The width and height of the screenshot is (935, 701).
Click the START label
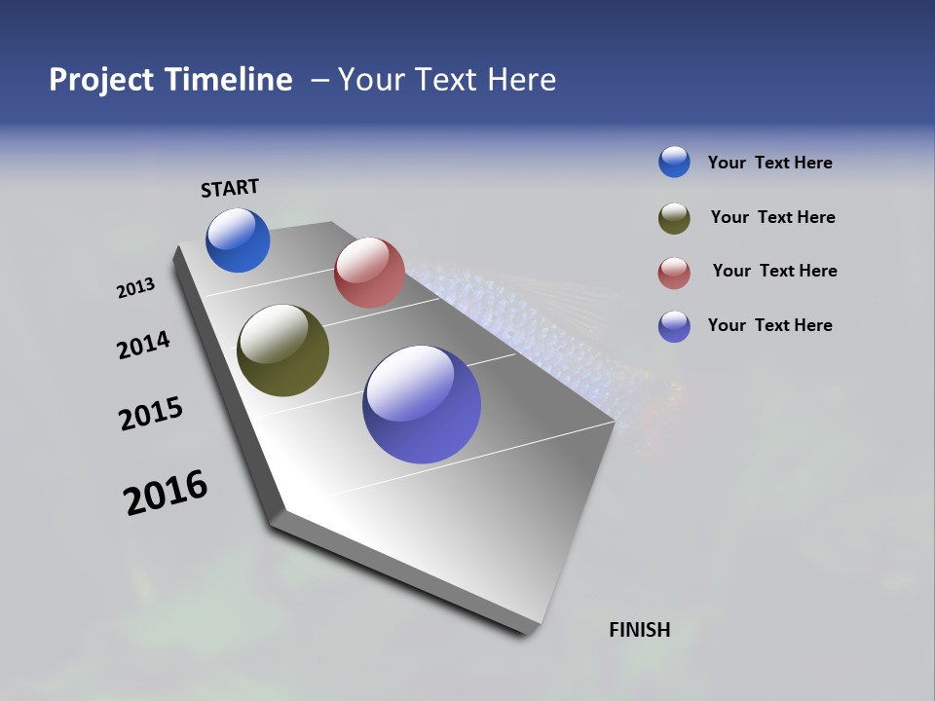coord(230,188)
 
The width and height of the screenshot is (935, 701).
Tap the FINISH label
coord(640,630)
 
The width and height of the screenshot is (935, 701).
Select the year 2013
coord(135,288)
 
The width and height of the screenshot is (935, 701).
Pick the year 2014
coord(143,345)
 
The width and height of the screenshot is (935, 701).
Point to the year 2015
coord(151,414)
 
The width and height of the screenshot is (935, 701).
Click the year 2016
coord(166,493)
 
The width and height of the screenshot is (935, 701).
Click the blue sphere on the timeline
coord(238,240)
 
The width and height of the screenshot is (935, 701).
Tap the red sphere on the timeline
coord(369,273)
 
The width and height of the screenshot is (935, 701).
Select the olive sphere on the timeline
coord(282,350)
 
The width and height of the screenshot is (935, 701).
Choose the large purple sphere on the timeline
coord(422,404)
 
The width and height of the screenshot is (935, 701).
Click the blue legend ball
coord(674,162)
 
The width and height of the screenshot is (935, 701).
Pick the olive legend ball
coord(674,217)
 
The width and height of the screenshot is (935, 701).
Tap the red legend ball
coord(674,273)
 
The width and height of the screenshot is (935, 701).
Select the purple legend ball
coord(674,326)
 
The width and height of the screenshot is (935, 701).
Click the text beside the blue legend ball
coord(769,163)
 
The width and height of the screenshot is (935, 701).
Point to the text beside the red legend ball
coord(774,271)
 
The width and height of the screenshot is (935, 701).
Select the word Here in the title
coord(521,80)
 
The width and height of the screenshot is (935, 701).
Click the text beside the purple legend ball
coord(769,325)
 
